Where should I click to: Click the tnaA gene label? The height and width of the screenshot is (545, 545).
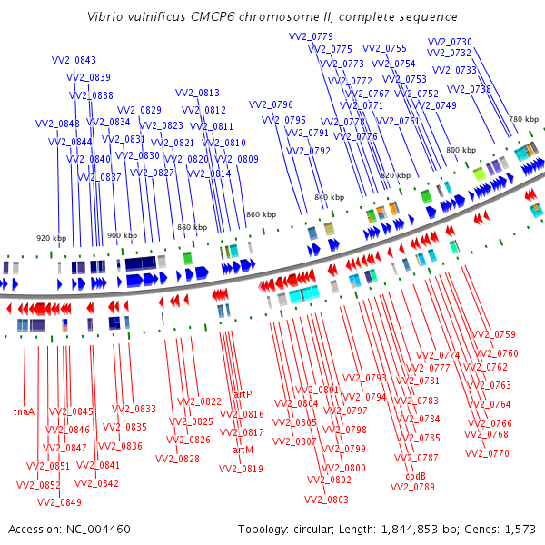[24, 411]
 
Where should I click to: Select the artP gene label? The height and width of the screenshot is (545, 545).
[243, 394]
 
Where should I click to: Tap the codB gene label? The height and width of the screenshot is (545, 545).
[415, 476]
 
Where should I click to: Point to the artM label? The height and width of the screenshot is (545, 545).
[243, 451]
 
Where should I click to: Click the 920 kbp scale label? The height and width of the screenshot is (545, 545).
[52, 238]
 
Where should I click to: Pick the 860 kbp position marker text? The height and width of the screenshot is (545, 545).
[262, 214]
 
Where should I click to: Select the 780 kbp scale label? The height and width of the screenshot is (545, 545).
[524, 119]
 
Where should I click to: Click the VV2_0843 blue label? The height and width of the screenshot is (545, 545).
[74, 60]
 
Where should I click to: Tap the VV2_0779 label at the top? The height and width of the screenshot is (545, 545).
[311, 36]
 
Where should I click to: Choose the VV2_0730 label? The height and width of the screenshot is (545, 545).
[450, 42]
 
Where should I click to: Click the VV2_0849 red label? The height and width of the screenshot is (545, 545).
[59, 502]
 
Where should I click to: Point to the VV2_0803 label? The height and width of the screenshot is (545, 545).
[326, 500]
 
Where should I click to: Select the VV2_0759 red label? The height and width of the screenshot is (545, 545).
[493, 334]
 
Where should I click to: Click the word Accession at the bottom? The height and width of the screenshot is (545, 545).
[35, 530]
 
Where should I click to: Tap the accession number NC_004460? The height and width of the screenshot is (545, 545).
[98, 530]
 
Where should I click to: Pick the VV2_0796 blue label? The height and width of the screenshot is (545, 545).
[271, 104]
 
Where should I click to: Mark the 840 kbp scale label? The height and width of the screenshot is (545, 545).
[330, 197]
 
